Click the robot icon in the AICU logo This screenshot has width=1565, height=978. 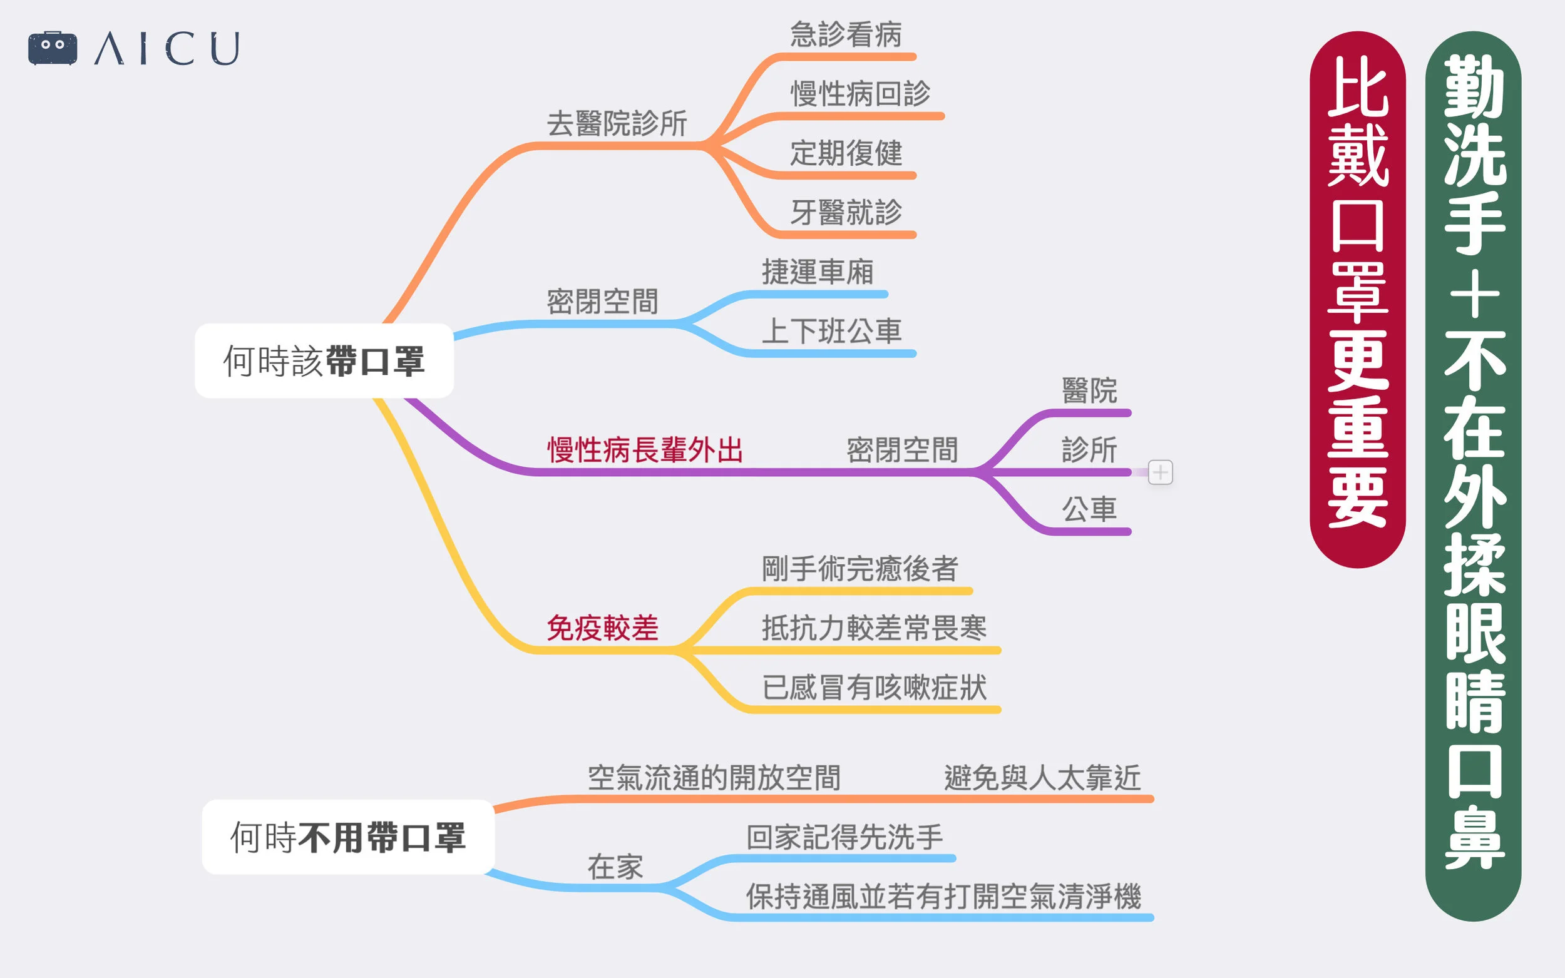[x=53, y=48]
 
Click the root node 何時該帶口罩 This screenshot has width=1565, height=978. [x=324, y=361]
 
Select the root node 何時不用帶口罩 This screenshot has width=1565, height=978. [x=348, y=837]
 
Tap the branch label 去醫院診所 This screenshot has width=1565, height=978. [x=617, y=123]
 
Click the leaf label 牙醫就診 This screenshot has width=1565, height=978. [x=846, y=213]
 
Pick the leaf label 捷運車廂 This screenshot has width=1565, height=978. [x=817, y=272]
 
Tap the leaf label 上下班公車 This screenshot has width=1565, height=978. [x=831, y=332]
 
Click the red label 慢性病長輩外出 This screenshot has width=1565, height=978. [x=645, y=450]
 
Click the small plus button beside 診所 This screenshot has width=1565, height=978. [x=1160, y=472]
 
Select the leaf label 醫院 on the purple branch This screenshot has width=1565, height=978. [x=1089, y=390]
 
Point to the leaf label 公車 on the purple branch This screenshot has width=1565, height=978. [x=1089, y=510]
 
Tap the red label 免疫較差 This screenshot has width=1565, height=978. [x=602, y=628]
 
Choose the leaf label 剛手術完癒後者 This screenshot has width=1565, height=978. [x=860, y=569]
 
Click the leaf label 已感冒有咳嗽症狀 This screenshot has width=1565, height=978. [x=874, y=688]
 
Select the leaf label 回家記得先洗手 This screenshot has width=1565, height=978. [x=844, y=838]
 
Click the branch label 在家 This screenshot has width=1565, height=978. [x=615, y=867]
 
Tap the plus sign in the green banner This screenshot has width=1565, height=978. [x=1474, y=294]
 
